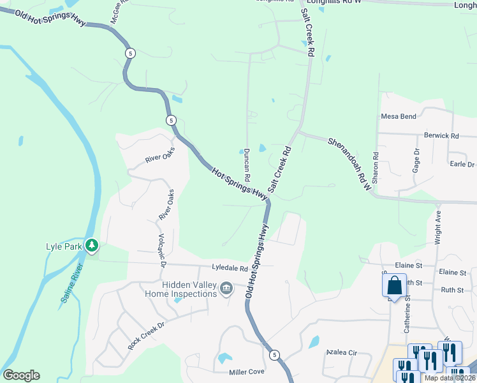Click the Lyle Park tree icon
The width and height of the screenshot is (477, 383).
(x=92, y=245)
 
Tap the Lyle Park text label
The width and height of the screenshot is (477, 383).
(x=64, y=246)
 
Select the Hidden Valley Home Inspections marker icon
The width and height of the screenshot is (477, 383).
(x=226, y=290)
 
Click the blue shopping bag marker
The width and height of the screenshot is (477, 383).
(x=395, y=285)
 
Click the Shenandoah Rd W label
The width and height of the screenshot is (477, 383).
(x=349, y=163)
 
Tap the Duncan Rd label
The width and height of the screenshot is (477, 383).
(x=246, y=165)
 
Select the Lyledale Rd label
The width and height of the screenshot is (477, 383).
(x=230, y=268)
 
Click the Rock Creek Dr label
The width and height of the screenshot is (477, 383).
(x=146, y=334)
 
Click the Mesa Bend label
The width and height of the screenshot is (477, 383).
(x=399, y=117)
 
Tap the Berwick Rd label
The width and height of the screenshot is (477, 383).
(x=441, y=136)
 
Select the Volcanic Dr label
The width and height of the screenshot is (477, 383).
(x=161, y=250)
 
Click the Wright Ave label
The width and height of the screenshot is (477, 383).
(x=438, y=225)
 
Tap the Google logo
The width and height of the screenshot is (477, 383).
(x=21, y=375)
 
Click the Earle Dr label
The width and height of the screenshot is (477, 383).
(x=462, y=164)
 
